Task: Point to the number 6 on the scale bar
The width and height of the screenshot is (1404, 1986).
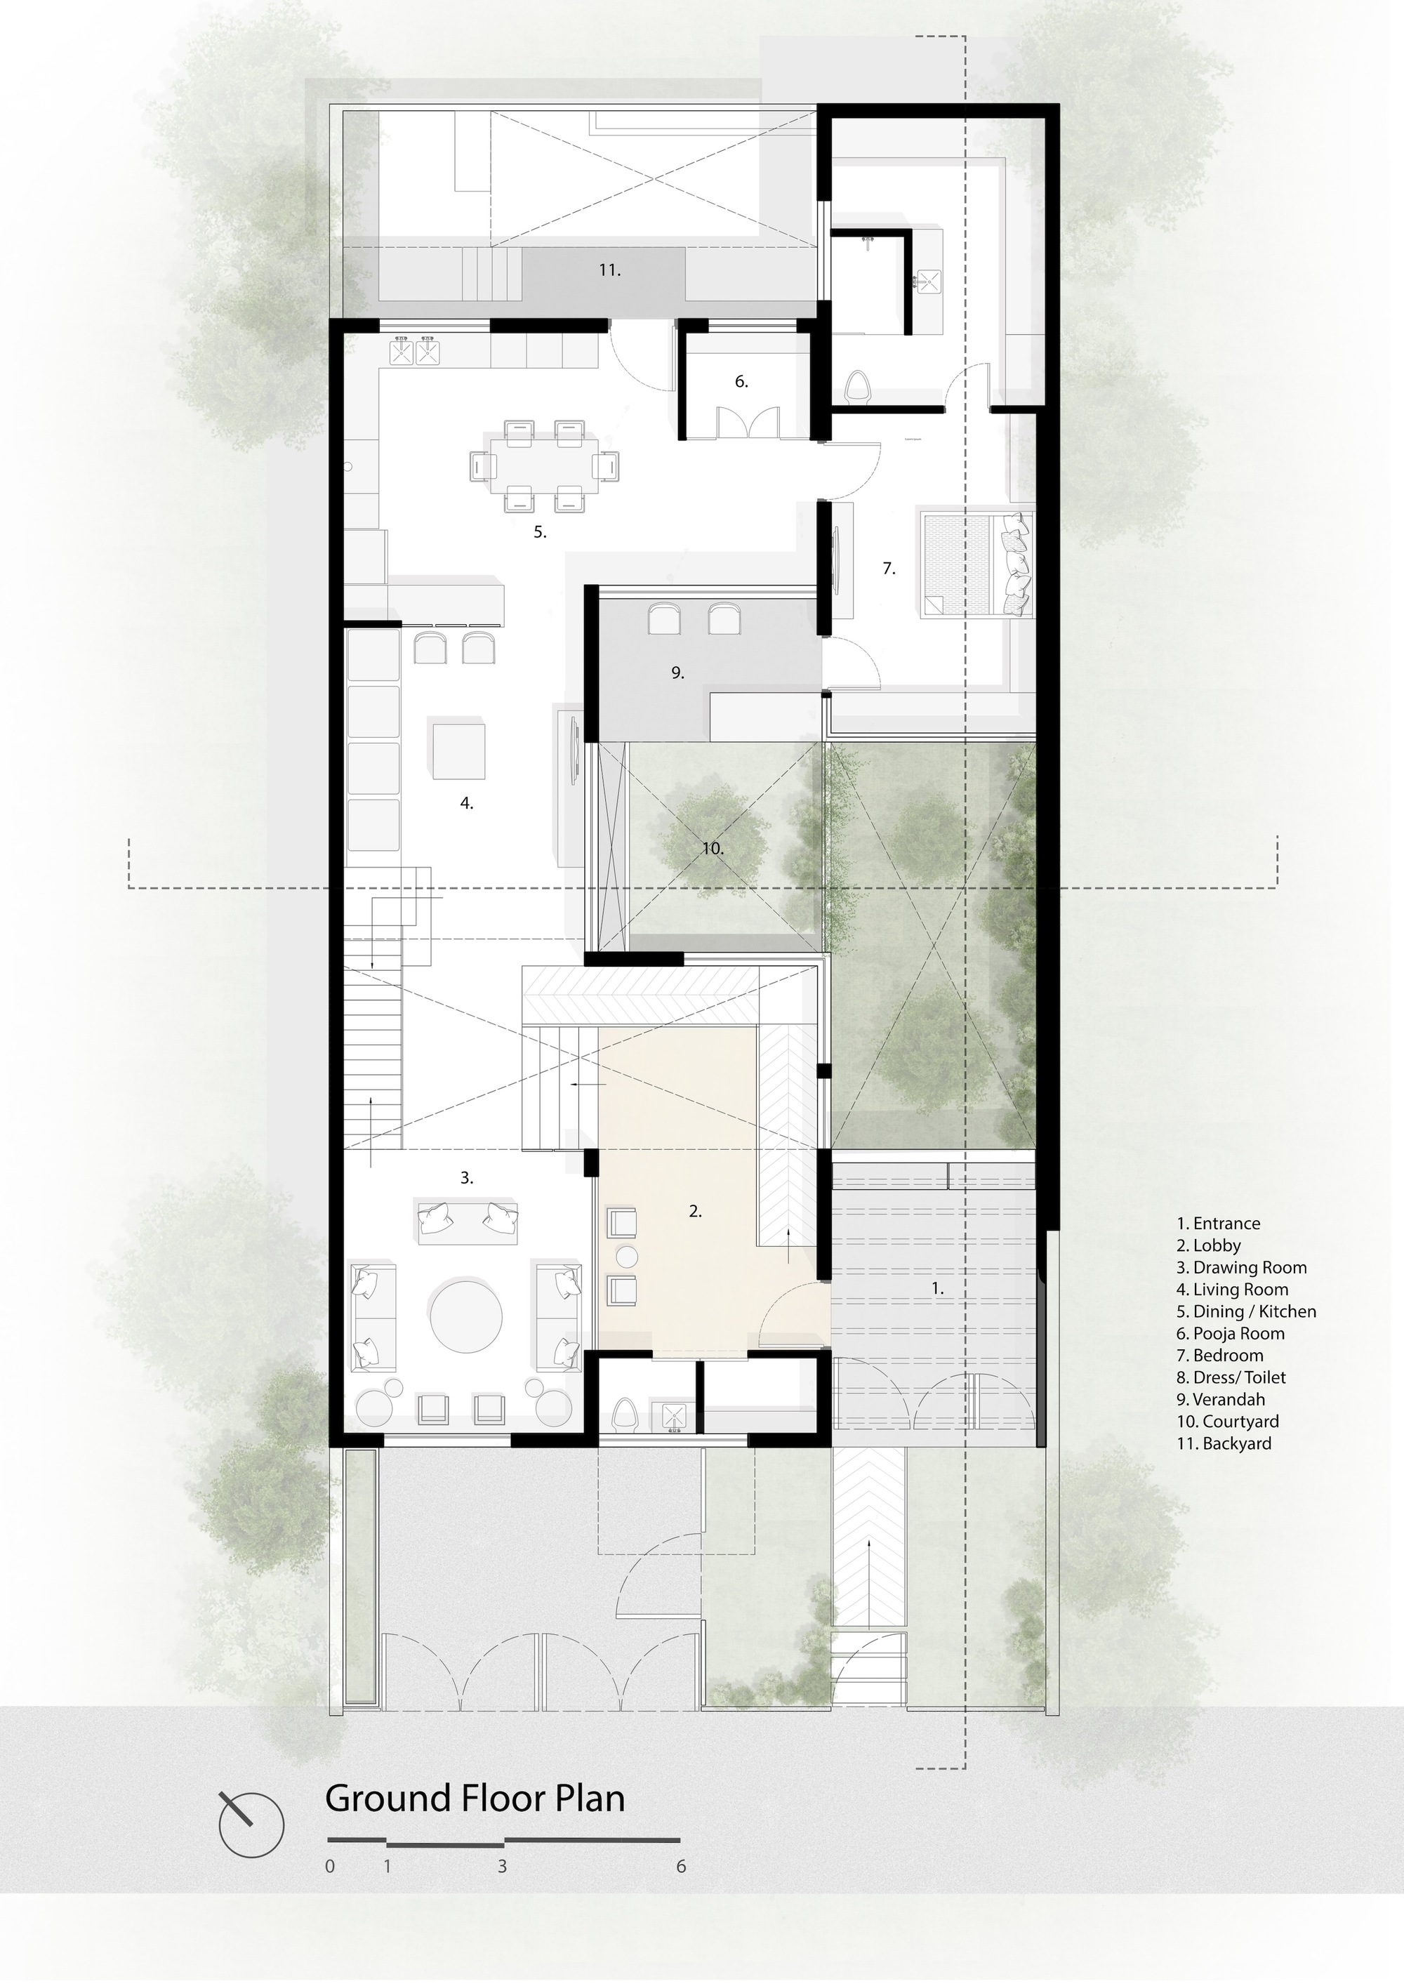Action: tap(681, 1867)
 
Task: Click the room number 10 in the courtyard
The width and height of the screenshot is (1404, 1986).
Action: tap(712, 849)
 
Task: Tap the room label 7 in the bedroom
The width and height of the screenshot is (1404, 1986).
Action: tap(889, 569)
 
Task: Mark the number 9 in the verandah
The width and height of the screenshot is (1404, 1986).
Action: tap(677, 672)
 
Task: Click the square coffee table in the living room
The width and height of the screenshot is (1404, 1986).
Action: tap(458, 749)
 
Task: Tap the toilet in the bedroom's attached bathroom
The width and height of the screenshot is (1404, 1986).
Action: tap(857, 387)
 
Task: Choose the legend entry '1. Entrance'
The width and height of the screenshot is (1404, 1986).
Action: tap(1218, 1224)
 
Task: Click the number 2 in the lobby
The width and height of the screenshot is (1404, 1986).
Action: tap(695, 1212)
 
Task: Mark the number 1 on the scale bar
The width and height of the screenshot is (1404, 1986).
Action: tap(387, 1867)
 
